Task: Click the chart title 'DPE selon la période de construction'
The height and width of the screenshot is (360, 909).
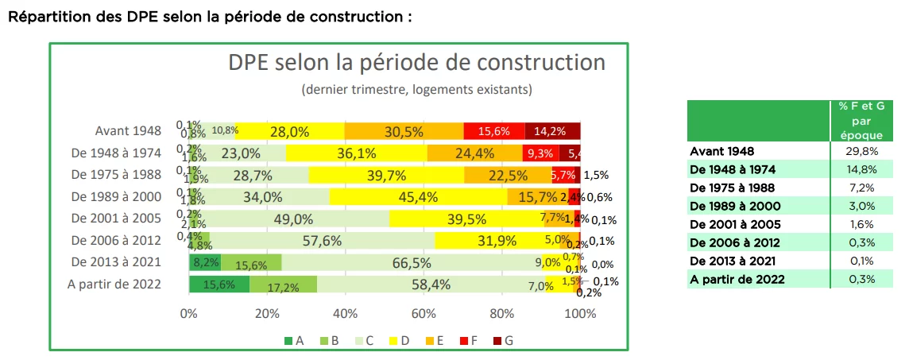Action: (x=417, y=63)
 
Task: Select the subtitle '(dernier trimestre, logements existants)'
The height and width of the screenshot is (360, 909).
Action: (x=416, y=89)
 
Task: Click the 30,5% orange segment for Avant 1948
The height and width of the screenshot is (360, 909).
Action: (x=404, y=131)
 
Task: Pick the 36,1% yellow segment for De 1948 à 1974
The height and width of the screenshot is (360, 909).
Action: (x=357, y=153)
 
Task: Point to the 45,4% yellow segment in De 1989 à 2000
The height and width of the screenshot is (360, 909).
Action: (x=418, y=196)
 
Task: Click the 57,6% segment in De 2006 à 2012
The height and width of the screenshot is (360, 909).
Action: (x=322, y=240)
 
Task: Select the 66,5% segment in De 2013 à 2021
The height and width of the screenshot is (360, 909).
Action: (x=411, y=262)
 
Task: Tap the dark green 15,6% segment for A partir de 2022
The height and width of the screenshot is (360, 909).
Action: (x=219, y=284)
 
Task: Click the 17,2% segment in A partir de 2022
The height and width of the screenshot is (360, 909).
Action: (x=284, y=284)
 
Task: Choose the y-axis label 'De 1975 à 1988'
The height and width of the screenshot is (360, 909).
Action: (x=116, y=175)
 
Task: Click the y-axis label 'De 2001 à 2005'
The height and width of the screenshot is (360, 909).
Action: (x=116, y=219)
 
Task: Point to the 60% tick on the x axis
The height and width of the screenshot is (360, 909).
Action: (x=424, y=314)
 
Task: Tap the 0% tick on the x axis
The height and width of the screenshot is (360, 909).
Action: (x=189, y=314)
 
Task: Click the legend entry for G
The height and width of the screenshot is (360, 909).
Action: (x=503, y=341)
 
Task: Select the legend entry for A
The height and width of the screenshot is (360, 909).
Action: (x=294, y=341)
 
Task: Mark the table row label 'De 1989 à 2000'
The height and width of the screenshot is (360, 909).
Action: (x=735, y=206)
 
